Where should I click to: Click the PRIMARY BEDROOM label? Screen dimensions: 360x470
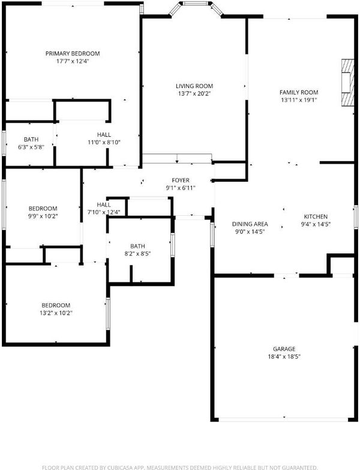click(x=73, y=54)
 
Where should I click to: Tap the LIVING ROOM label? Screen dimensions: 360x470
click(x=194, y=86)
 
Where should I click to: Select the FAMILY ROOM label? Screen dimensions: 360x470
click(x=299, y=92)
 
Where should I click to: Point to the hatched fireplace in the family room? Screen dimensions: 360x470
click(x=348, y=83)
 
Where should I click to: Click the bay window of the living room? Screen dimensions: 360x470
click(x=196, y=8)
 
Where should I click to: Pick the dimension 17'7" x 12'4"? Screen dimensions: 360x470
click(x=73, y=61)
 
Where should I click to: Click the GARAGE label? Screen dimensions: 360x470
click(x=284, y=349)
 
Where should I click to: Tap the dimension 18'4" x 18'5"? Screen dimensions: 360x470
click(x=284, y=357)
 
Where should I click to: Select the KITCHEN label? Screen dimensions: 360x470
click(x=316, y=216)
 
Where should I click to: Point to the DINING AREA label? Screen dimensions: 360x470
click(x=250, y=224)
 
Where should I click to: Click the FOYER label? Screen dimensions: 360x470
click(x=181, y=180)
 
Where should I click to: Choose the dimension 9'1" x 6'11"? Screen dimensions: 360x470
click(x=181, y=188)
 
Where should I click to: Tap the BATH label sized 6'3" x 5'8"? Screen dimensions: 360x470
click(x=31, y=139)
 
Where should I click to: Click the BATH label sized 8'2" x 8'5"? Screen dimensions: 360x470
click(x=138, y=246)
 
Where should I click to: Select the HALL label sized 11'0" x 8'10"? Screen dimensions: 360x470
click(x=104, y=134)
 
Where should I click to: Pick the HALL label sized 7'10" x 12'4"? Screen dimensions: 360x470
click(x=104, y=205)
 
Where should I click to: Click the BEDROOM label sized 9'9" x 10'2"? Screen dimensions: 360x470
click(x=43, y=209)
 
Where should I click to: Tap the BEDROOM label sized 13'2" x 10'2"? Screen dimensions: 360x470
click(x=56, y=306)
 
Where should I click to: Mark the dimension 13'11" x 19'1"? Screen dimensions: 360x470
click(x=299, y=100)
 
